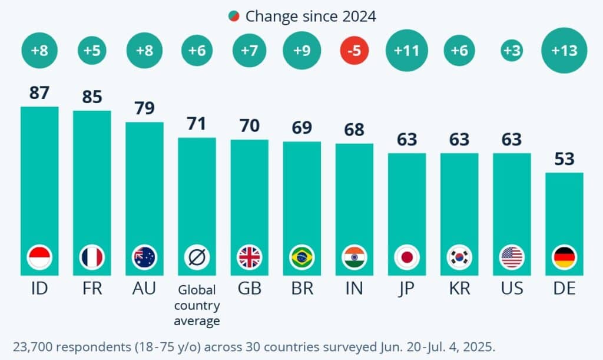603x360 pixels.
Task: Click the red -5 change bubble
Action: click(354, 51)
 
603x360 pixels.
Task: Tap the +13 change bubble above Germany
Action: click(565, 51)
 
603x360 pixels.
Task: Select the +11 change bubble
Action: click(406, 51)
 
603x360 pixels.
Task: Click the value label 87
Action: click(39, 93)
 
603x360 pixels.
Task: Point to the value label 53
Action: click(565, 159)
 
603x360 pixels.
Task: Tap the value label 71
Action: click(197, 124)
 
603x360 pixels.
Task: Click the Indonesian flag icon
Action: click(39, 257)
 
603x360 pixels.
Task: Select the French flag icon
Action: click(92, 257)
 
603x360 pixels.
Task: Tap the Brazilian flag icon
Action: click(302, 257)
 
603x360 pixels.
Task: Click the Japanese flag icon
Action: click(407, 257)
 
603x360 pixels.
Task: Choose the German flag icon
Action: click(565, 257)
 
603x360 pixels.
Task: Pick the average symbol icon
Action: click(197, 257)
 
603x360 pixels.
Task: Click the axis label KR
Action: click(459, 289)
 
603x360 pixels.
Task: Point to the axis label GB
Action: click(249, 289)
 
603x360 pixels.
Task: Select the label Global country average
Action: click(197, 305)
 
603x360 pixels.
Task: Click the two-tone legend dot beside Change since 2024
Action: click(234, 16)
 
